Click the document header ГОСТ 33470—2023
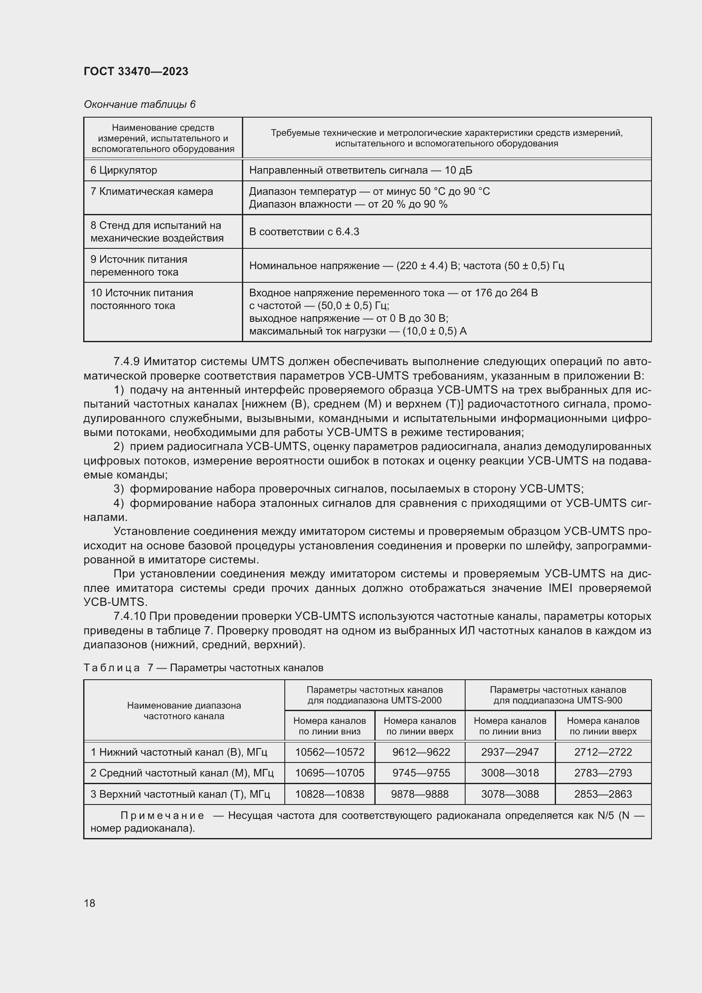tap(136, 71)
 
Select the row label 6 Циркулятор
tap(124, 170)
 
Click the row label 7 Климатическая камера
tap(151, 191)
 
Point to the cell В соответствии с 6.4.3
tap(304, 232)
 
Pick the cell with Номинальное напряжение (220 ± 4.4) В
tap(406, 265)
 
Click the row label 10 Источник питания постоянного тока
tap(141, 299)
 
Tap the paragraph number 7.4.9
tap(126, 361)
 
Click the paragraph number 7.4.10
tap(129, 616)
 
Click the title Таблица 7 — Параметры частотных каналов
tap(203, 667)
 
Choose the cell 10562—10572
tap(329, 752)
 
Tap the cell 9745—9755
tap(421, 772)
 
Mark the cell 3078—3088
tap(510, 794)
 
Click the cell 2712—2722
tap(603, 752)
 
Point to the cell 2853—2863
tap(603, 794)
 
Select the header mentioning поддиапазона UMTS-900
tap(558, 695)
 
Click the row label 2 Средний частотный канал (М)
tap(182, 772)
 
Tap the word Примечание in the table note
tap(162, 816)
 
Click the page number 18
tap(90, 903)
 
